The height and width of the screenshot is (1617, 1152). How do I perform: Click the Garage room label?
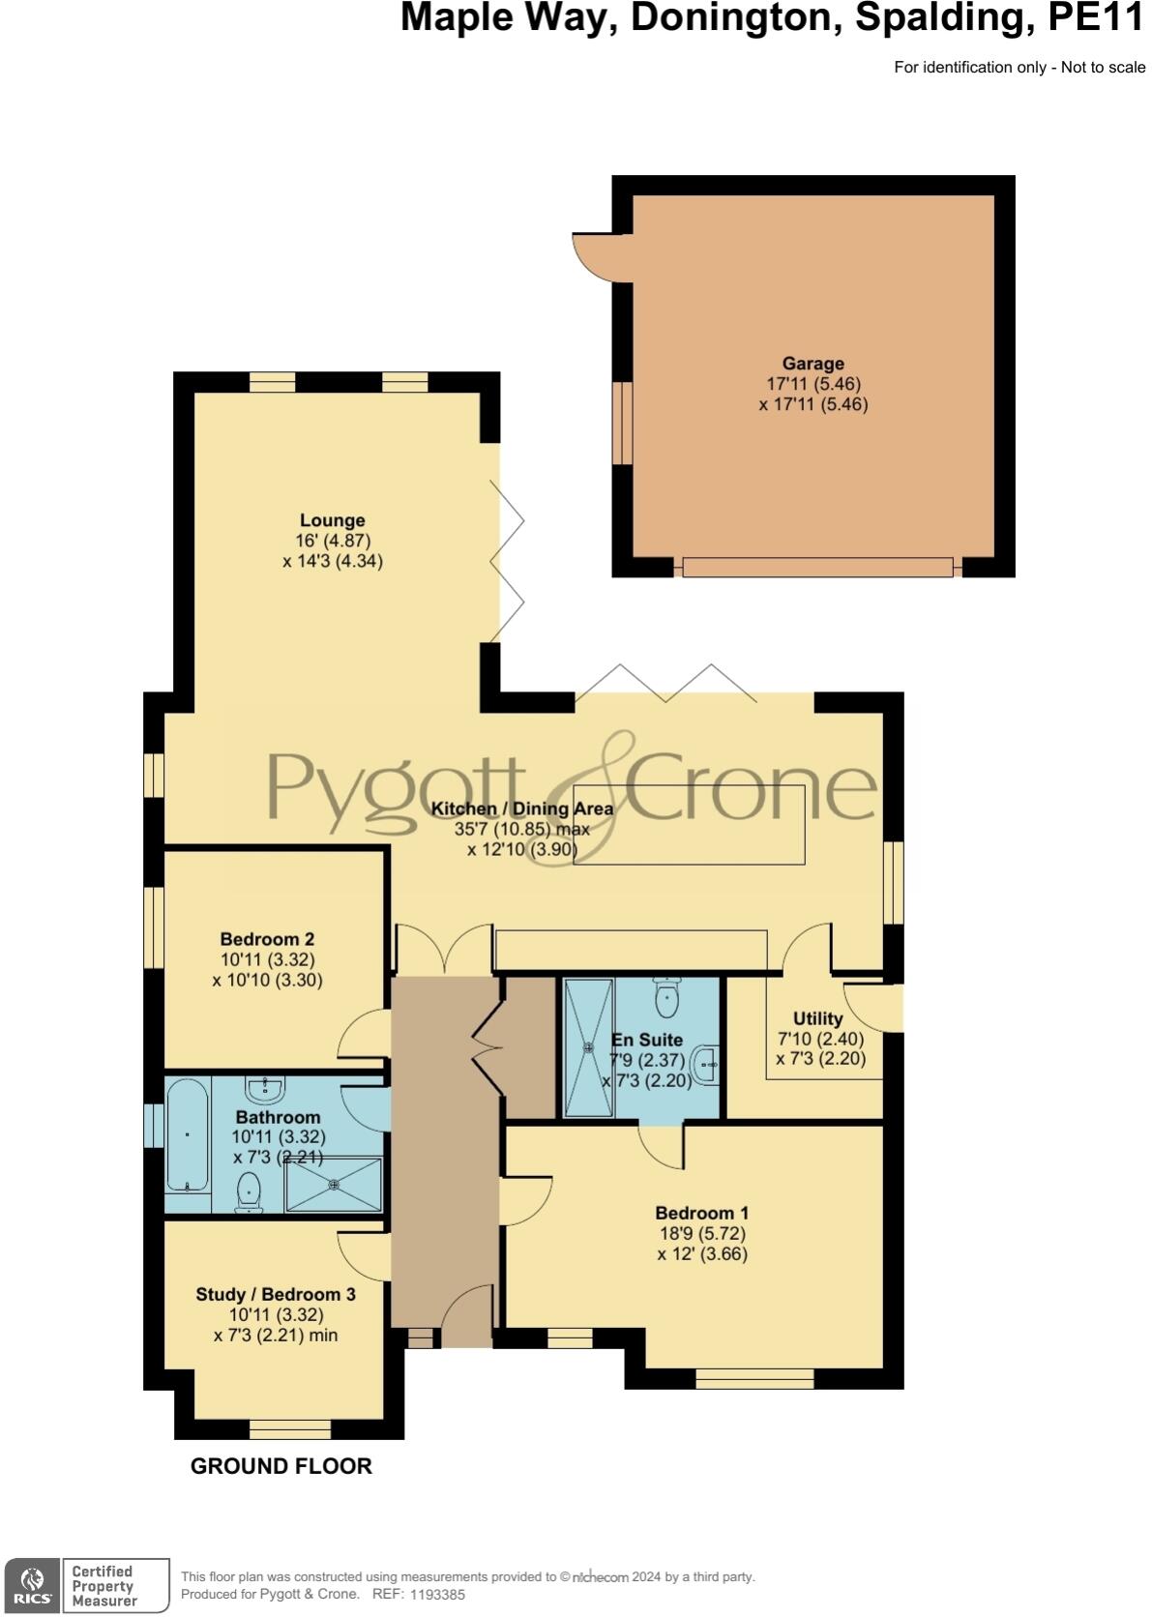tap(812, 364)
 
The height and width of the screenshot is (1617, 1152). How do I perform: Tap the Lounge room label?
tap(332, 520)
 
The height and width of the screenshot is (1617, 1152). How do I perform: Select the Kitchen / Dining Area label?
tap(521, 808)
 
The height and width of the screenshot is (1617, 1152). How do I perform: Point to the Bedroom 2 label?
tap(267, 939)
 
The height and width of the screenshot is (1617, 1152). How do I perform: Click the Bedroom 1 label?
tap(702, 1213)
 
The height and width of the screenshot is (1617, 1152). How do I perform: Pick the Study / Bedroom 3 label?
tap(276, 1294)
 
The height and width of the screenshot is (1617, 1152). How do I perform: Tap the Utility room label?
tap(817, 1018)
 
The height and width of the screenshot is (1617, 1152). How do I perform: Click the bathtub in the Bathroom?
tap(187, 1134)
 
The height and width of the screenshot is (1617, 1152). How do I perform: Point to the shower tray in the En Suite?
tap(589, 1046)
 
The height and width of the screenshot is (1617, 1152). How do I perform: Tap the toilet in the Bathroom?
tap(250, 1191)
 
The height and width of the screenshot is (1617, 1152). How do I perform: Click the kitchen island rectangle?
tap(689, 824)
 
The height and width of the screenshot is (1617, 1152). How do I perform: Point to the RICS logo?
tap(32, 1585)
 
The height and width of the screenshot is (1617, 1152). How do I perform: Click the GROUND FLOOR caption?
tap(281, 1466)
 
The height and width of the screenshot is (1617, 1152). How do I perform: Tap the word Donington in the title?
tap(735, 18)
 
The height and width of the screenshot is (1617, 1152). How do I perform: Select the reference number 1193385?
tap(438, 1595)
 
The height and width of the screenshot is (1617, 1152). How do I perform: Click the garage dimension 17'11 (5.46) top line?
tap(812, 384)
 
